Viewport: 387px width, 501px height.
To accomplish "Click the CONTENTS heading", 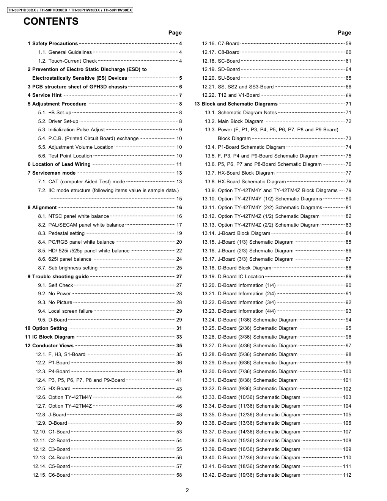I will click(51, 22).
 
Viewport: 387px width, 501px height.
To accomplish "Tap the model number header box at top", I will click(70, 10).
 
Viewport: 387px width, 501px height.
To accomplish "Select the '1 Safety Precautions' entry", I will click(53, 44).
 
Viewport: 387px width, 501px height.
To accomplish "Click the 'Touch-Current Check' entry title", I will click(72, 61).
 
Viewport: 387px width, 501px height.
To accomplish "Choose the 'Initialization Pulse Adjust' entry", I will click(76, 130).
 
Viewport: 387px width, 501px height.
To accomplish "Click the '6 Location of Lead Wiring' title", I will click(59, 164).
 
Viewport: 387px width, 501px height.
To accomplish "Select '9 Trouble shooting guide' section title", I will click(58, 277).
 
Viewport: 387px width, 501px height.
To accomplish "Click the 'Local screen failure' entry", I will click(70, 311).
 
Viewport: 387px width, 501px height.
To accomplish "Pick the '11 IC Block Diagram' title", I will click(50, 337).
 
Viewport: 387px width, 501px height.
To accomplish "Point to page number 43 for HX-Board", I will click(179, 389).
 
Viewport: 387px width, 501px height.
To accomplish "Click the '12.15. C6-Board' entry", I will click(51, 475).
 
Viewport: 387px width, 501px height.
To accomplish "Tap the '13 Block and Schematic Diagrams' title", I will click(236, 104).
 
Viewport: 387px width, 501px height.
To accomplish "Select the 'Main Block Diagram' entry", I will click(240, 121).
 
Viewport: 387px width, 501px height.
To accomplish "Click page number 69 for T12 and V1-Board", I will click(348, 96).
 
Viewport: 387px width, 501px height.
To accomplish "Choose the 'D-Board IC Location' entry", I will click(241, 277).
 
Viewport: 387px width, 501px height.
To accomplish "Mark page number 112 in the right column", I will click(347, 475).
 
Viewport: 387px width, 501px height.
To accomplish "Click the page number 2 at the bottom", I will click(187, 490).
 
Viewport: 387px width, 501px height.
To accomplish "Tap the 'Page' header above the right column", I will click(344, 33).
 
